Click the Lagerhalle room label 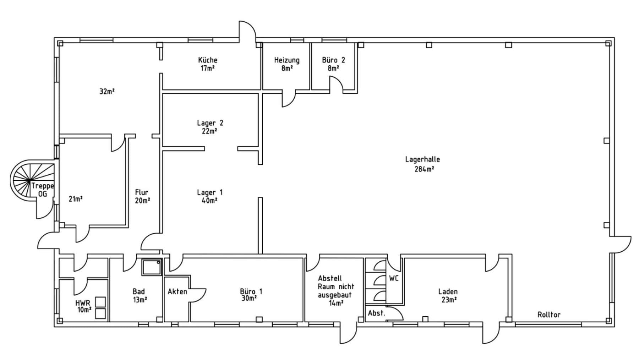click(422, 159)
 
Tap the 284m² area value click(424, 169)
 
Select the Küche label click(208, 60)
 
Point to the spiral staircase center click(28, 181)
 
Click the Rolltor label click(549, 315)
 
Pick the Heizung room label click(287, 60)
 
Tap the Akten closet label click(177, 291)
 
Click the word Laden click(448, 291)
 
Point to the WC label click(394, 278)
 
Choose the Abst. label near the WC click(376, 313)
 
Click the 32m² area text click(107, 91)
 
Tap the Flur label click(142, 192)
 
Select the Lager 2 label click(210, 123)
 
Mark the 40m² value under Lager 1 click(209, 201)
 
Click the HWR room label click(82, 303)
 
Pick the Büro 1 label click(251, 291)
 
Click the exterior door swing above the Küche click(247, 30)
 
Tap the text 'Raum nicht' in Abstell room click(336, 286)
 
